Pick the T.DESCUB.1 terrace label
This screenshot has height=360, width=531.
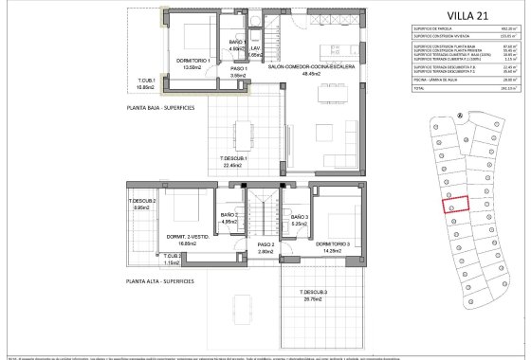pos(234,158)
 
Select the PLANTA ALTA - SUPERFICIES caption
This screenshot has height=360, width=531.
pos(160,281)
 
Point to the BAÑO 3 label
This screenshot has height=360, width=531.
pos(299,217)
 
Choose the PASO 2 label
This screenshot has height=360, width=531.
pos(265,248)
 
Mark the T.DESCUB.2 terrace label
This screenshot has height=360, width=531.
pos(143,202)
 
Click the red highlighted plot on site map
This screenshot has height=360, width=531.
pos(457,205)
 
